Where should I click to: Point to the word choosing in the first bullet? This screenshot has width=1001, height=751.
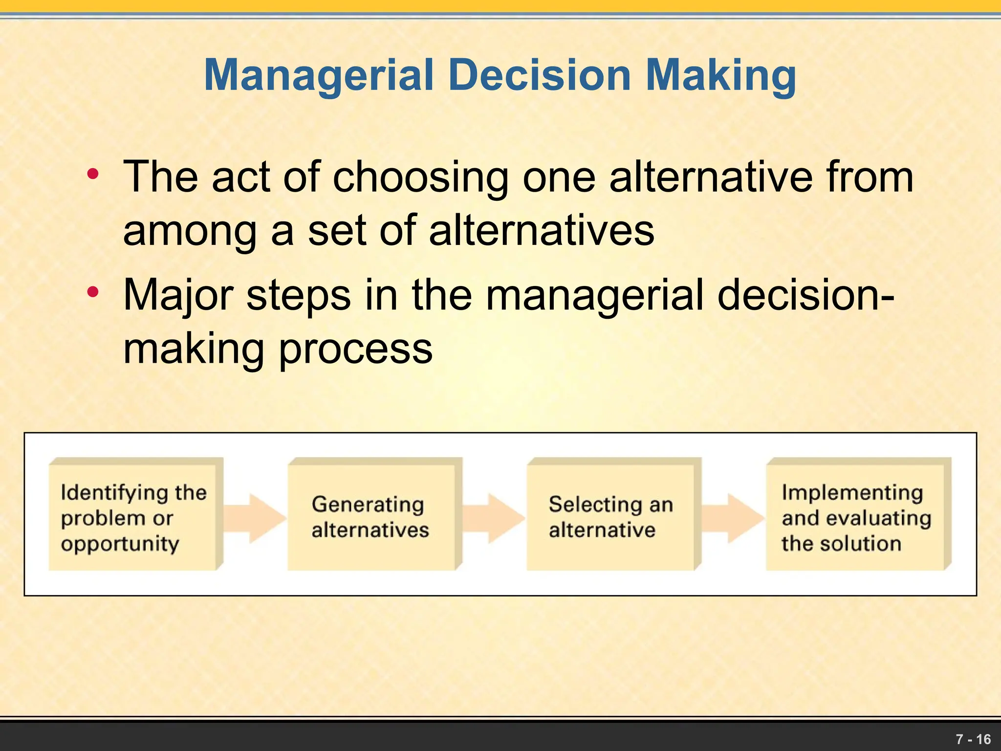pos(421,178)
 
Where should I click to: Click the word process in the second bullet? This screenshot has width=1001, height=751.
pos(356,350)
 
